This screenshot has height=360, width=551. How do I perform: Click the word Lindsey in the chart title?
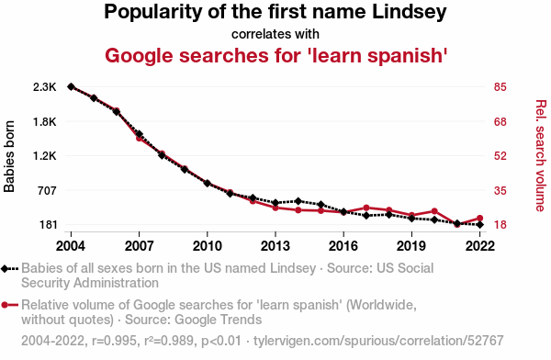pos(409,12)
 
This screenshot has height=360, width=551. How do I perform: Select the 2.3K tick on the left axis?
pos(45,87)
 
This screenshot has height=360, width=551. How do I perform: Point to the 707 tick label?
pos(47,190)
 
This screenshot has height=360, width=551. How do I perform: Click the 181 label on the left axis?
pos(47,225)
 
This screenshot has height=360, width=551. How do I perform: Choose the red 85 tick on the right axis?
pos(500,87)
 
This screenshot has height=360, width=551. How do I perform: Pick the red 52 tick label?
pos(500,156)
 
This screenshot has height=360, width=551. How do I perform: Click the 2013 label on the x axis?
pos(275,246)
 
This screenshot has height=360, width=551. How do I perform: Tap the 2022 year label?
pos(480,246)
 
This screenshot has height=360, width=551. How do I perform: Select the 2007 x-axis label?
pos(140,246)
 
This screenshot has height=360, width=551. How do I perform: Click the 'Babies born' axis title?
pos(9,156)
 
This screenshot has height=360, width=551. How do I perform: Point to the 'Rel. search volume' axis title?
pos(541,156)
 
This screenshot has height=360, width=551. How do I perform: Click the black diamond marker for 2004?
pos(71,87)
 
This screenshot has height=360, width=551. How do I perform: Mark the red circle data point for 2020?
pos(434,211)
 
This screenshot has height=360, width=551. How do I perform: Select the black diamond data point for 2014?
pos(298,201)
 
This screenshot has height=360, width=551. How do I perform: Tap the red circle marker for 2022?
pos(480,219)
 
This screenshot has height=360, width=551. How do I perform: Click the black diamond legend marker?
pos(5,269)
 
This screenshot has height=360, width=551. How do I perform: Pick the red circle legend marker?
pos(5,305)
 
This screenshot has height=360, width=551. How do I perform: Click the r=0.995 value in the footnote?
pos(114,341)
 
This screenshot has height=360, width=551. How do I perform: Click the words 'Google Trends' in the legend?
pos(218,320)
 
